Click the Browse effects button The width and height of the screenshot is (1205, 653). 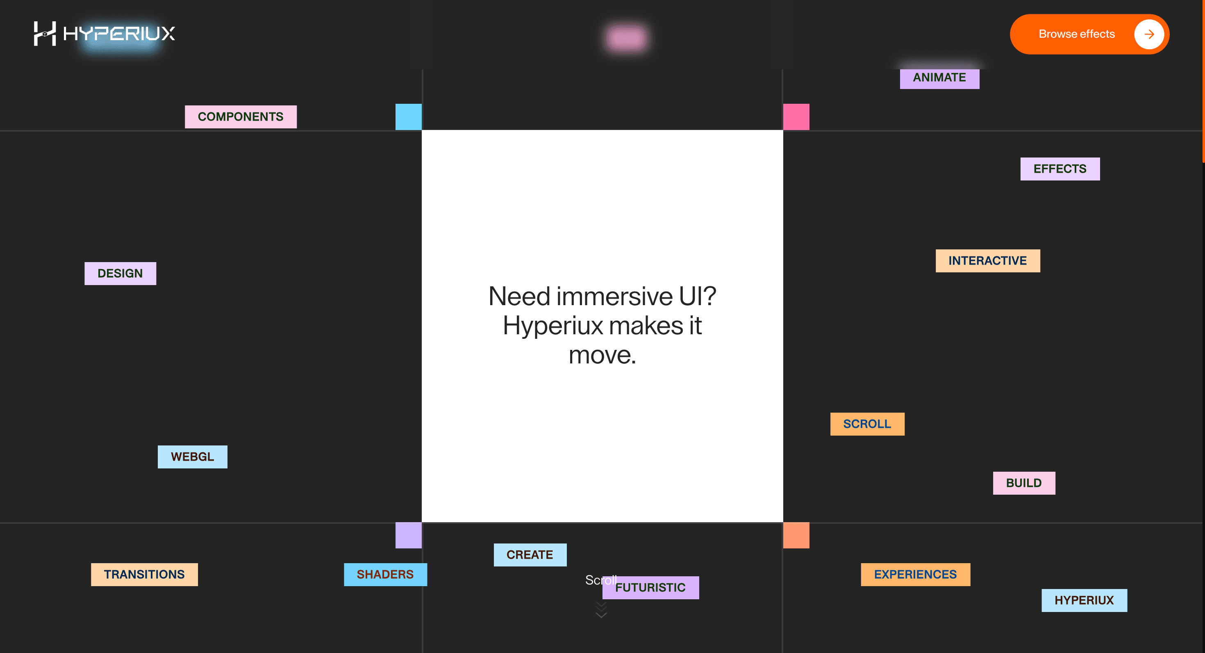pyautogui.click(x=1089, y=34)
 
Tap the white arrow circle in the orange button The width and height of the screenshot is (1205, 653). pyautogui.click(x=1149, y=34)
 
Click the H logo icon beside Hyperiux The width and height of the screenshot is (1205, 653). pyautogui.click(x=45, y=33)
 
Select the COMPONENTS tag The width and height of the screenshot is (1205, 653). pyautogui.click(x=241, y=116)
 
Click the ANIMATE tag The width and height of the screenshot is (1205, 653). pyautogui.click(x=939, y=78)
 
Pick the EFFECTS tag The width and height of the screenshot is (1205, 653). pyautogui.click(x=1060, y=169)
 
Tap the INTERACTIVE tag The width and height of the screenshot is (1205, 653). pyautogui.click(x=987, y=261)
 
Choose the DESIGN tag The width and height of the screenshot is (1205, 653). pyautogui.click(x=120, y=273)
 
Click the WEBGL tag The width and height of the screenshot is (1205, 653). pyautogui.click(x=192, y=457)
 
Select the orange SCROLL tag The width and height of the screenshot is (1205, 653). pyautogui.click(x=867, y=424)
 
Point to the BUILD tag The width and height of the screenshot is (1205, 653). pyautogui.click(x=1024, y=483)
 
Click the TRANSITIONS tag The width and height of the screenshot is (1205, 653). pyautogui.click(x=144, y=574)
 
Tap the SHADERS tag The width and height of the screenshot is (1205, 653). pyautogui.click(x=385, y=574)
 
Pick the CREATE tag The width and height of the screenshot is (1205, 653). pyautogui.click(x=530, y=555)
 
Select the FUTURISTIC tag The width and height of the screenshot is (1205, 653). pyautogui.click(x=651, y=587)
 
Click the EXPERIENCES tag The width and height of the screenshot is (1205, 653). pyautogui.click(x=916, y=574)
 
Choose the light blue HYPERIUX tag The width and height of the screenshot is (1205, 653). pyautogui.click(x=1084, y=600)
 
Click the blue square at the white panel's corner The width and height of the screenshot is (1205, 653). pyautogui.click(x=408, y=117)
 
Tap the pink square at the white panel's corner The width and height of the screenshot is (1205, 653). pyautogui.click(x=796, y=117)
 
